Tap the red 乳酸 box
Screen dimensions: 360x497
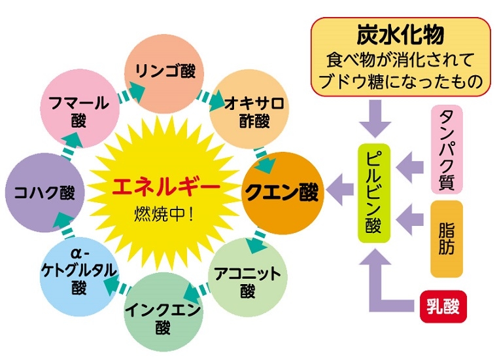coord(442,306)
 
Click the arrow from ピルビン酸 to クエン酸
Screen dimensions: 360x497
coord(339,193)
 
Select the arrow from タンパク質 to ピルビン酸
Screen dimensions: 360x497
coord(413,160)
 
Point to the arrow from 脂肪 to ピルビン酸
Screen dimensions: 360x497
coord(413,213)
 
